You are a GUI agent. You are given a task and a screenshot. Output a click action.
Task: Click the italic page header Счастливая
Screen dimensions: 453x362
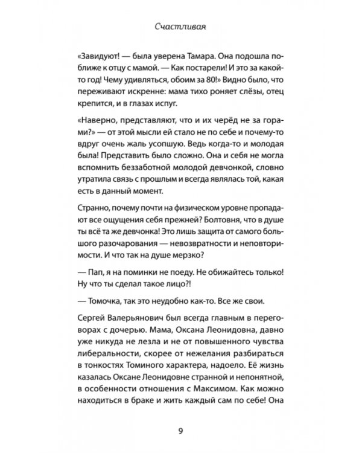180,27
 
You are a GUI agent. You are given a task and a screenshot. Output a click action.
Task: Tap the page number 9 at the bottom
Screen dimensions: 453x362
180,430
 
